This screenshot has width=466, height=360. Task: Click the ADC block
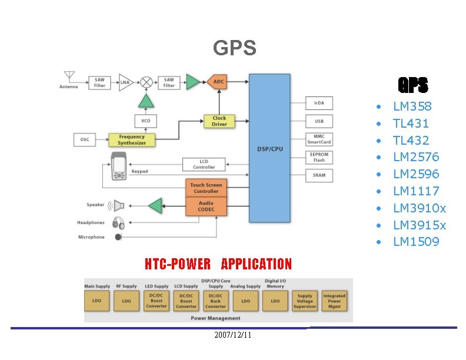click(x=218, y=82)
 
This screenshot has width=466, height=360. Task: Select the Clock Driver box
click(x=219, y=121)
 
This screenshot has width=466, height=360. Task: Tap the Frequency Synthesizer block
click(x=132, y=140)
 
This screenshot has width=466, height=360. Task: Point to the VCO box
click(x=146, y=121)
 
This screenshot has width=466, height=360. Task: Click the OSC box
click(x=85, y=140)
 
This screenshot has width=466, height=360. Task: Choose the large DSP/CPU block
click(x=269, y=148)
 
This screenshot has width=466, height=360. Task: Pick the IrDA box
click(x=319, y=104)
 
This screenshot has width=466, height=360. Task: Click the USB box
click(x=319, y=121)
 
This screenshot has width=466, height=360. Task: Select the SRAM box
click(x=319, y=175)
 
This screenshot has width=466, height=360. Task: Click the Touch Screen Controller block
click(x=206, y=188)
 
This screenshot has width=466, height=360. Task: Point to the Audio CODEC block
click(x=206, y=206)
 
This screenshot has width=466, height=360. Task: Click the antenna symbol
click(x=69, y=76)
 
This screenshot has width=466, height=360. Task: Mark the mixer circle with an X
click(x=146, y=82)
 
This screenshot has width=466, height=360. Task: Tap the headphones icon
click(x=118, y=223)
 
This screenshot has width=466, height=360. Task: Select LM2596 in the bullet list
click(x=415, y=174)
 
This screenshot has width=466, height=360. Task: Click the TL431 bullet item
click(x=411, y=124)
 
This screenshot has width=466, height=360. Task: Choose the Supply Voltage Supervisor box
click(x=305, y=301)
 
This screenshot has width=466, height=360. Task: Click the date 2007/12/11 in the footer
click(x=232, y=335)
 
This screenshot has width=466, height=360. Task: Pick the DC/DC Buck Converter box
click(x=215, y=301)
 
